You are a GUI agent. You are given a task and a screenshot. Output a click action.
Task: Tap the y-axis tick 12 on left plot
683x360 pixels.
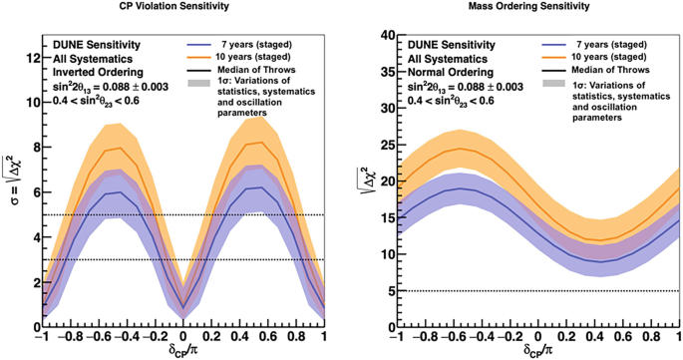coord(32,57)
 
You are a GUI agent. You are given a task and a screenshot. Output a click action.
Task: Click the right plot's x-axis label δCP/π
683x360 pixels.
coord(539,351)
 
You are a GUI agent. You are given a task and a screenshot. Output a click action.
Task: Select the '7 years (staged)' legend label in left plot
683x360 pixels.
coord(255,44)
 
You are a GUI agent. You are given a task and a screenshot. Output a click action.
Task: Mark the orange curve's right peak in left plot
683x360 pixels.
coord(257,142)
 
